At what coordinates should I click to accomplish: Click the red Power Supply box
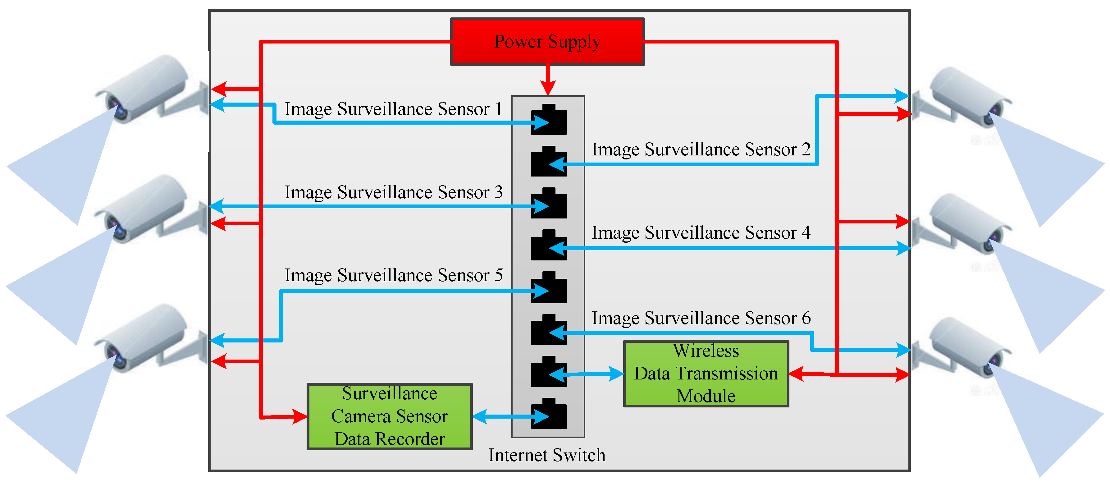tap(547, 42)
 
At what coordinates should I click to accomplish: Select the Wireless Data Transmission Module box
tap(706, 373)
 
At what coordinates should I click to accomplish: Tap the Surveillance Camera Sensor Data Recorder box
tap(390, 416)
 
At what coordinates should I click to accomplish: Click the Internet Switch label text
tap(546, 455)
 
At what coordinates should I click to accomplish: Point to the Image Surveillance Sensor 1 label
tap(393, 109)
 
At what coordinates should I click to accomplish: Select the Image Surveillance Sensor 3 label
tap(393, 192)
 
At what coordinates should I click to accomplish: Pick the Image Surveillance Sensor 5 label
tap(393, 275)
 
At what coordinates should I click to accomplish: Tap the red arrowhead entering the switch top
tap(548, 88)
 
